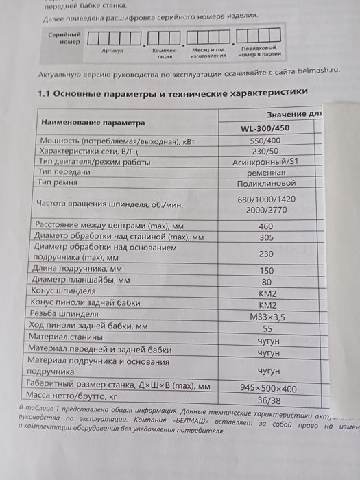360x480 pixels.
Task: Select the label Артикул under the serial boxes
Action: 111,49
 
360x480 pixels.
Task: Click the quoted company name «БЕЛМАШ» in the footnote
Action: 187,423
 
